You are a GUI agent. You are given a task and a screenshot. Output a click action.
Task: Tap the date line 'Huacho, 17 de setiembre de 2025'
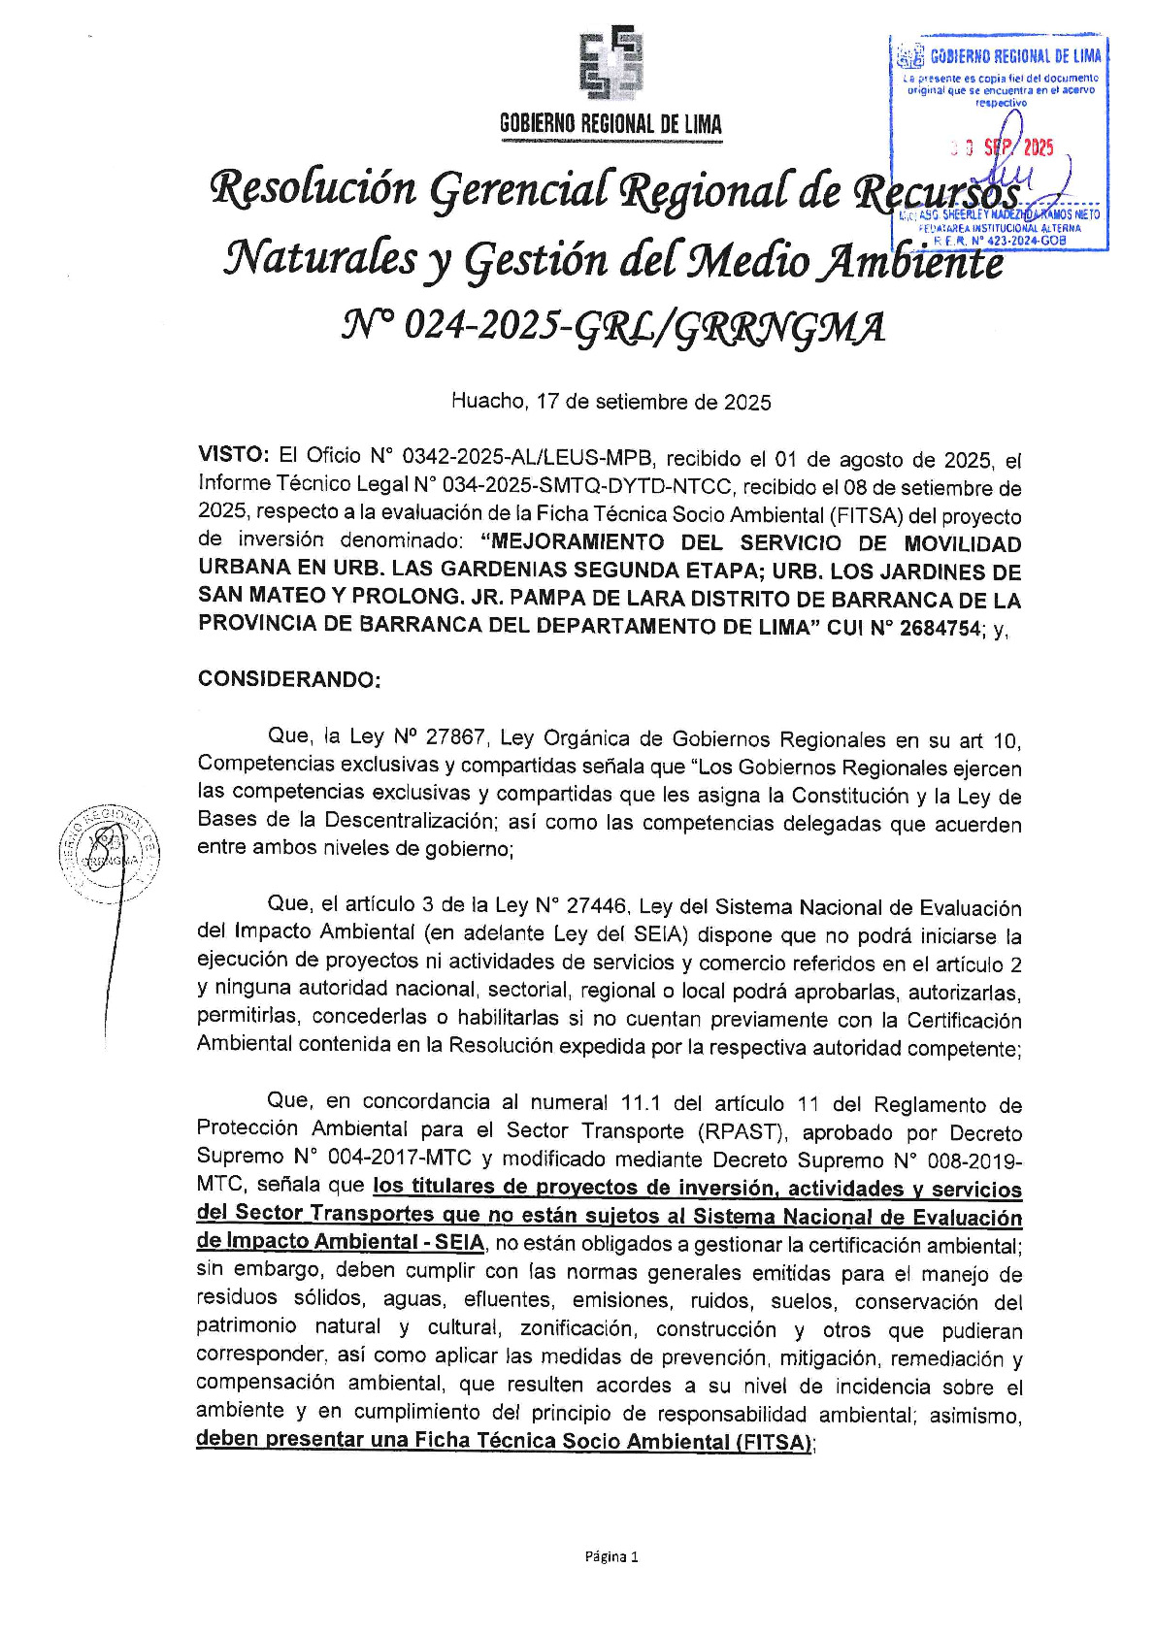point(610,402)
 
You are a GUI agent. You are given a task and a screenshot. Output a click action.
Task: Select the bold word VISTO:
point(233,454)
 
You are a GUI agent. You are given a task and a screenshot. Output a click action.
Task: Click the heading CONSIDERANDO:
point(289,678)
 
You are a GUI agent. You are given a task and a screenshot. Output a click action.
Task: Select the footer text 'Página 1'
point(610,1557)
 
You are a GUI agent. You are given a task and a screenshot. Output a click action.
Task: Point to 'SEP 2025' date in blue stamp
point(1017,148)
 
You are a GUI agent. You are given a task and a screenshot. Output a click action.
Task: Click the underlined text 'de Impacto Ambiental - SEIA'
point(340,1243)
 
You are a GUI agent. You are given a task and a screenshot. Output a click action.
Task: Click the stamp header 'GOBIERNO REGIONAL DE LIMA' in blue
point(1014,56)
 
